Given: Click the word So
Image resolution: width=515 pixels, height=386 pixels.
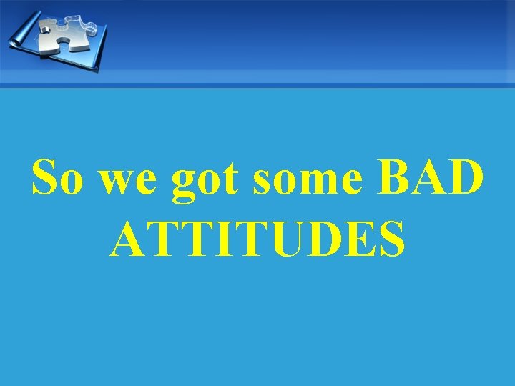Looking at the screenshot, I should [x=57, y=179].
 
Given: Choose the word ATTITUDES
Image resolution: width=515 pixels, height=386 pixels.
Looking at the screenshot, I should [x=258, y=239].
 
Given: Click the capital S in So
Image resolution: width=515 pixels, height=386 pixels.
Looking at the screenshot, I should [x=44, y=179].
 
